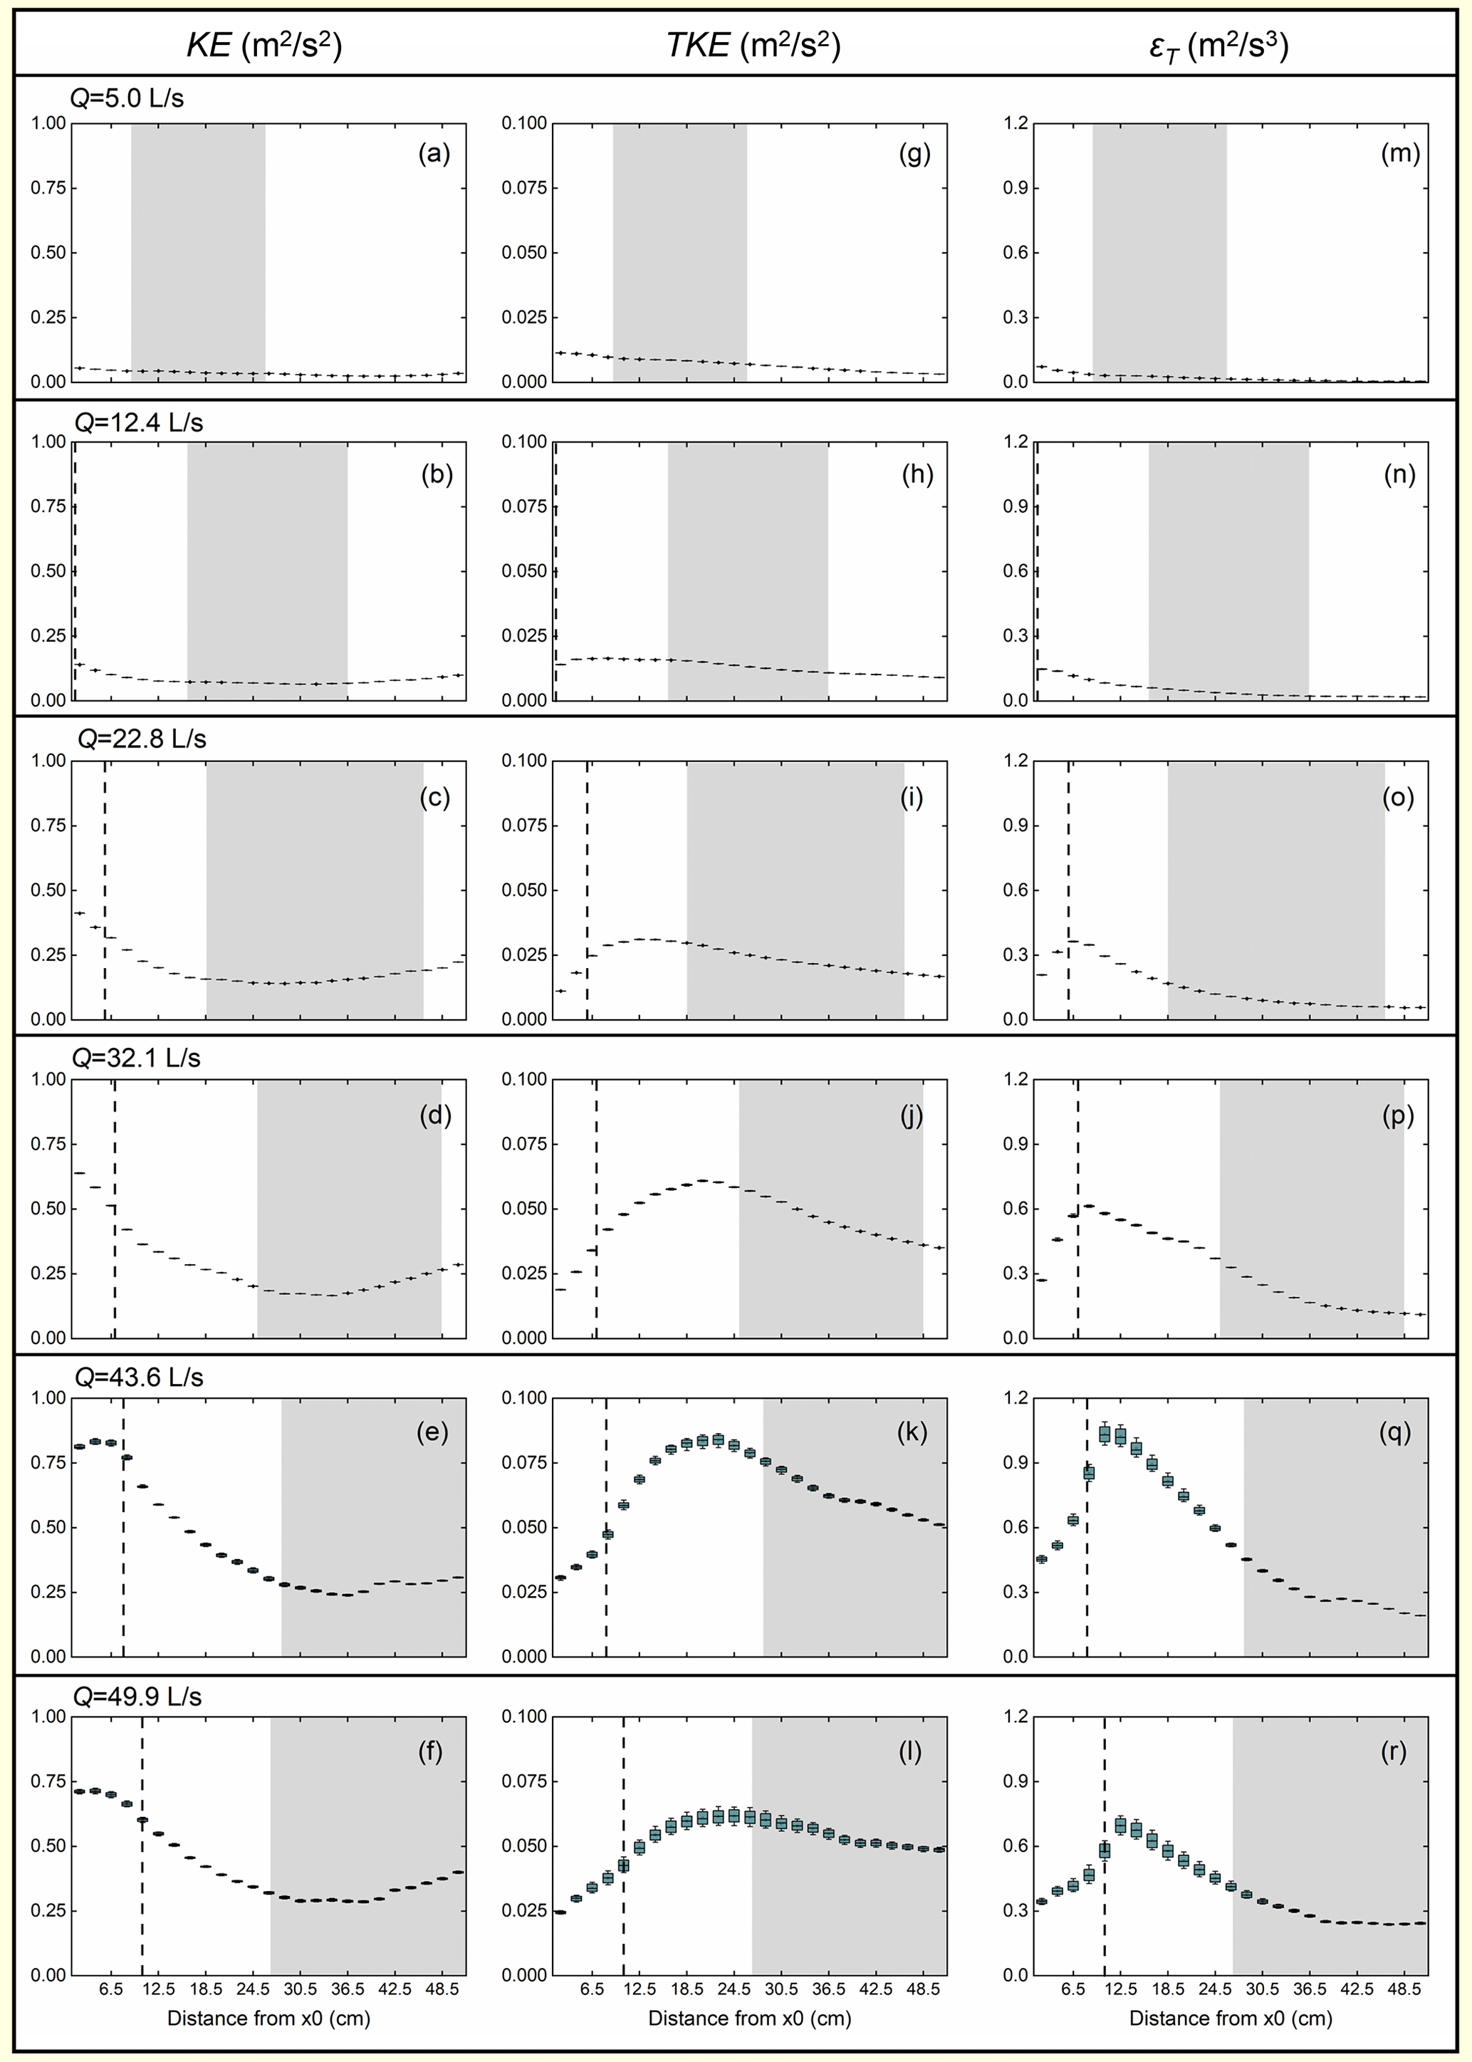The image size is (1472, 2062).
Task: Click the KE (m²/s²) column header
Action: pyautogui.click(x=263, y=44)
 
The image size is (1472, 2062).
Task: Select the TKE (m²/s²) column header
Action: pyautogui.click(x=753, y=44)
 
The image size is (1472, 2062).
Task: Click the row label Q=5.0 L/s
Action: pyautogui.click(x=127, y=98)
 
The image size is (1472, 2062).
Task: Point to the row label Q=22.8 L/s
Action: pyautogui.click(x=142, y=739)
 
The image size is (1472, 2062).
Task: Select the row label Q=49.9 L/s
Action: pyautogui.click(x=137, y=1696)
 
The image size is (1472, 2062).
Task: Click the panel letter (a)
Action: pyautogui.click(x=434, y=153)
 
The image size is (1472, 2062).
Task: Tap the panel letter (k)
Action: pyautogui.click(x=911, y=1432)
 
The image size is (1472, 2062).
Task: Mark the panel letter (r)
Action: pyautogui.click(x=1393, y=1751)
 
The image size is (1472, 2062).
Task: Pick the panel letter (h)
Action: pyautogui.click(x=917, y=474)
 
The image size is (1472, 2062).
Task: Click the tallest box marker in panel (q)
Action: pyautogui.click(x=1104, y=1434)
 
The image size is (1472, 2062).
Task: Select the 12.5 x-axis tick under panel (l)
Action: pyautogui.click(x=640, y=1989)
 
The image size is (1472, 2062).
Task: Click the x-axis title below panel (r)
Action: pyautogui.click(x=1230, y=2018)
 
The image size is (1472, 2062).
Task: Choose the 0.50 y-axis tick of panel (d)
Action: pyautogui.click(x=49, y=1208)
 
